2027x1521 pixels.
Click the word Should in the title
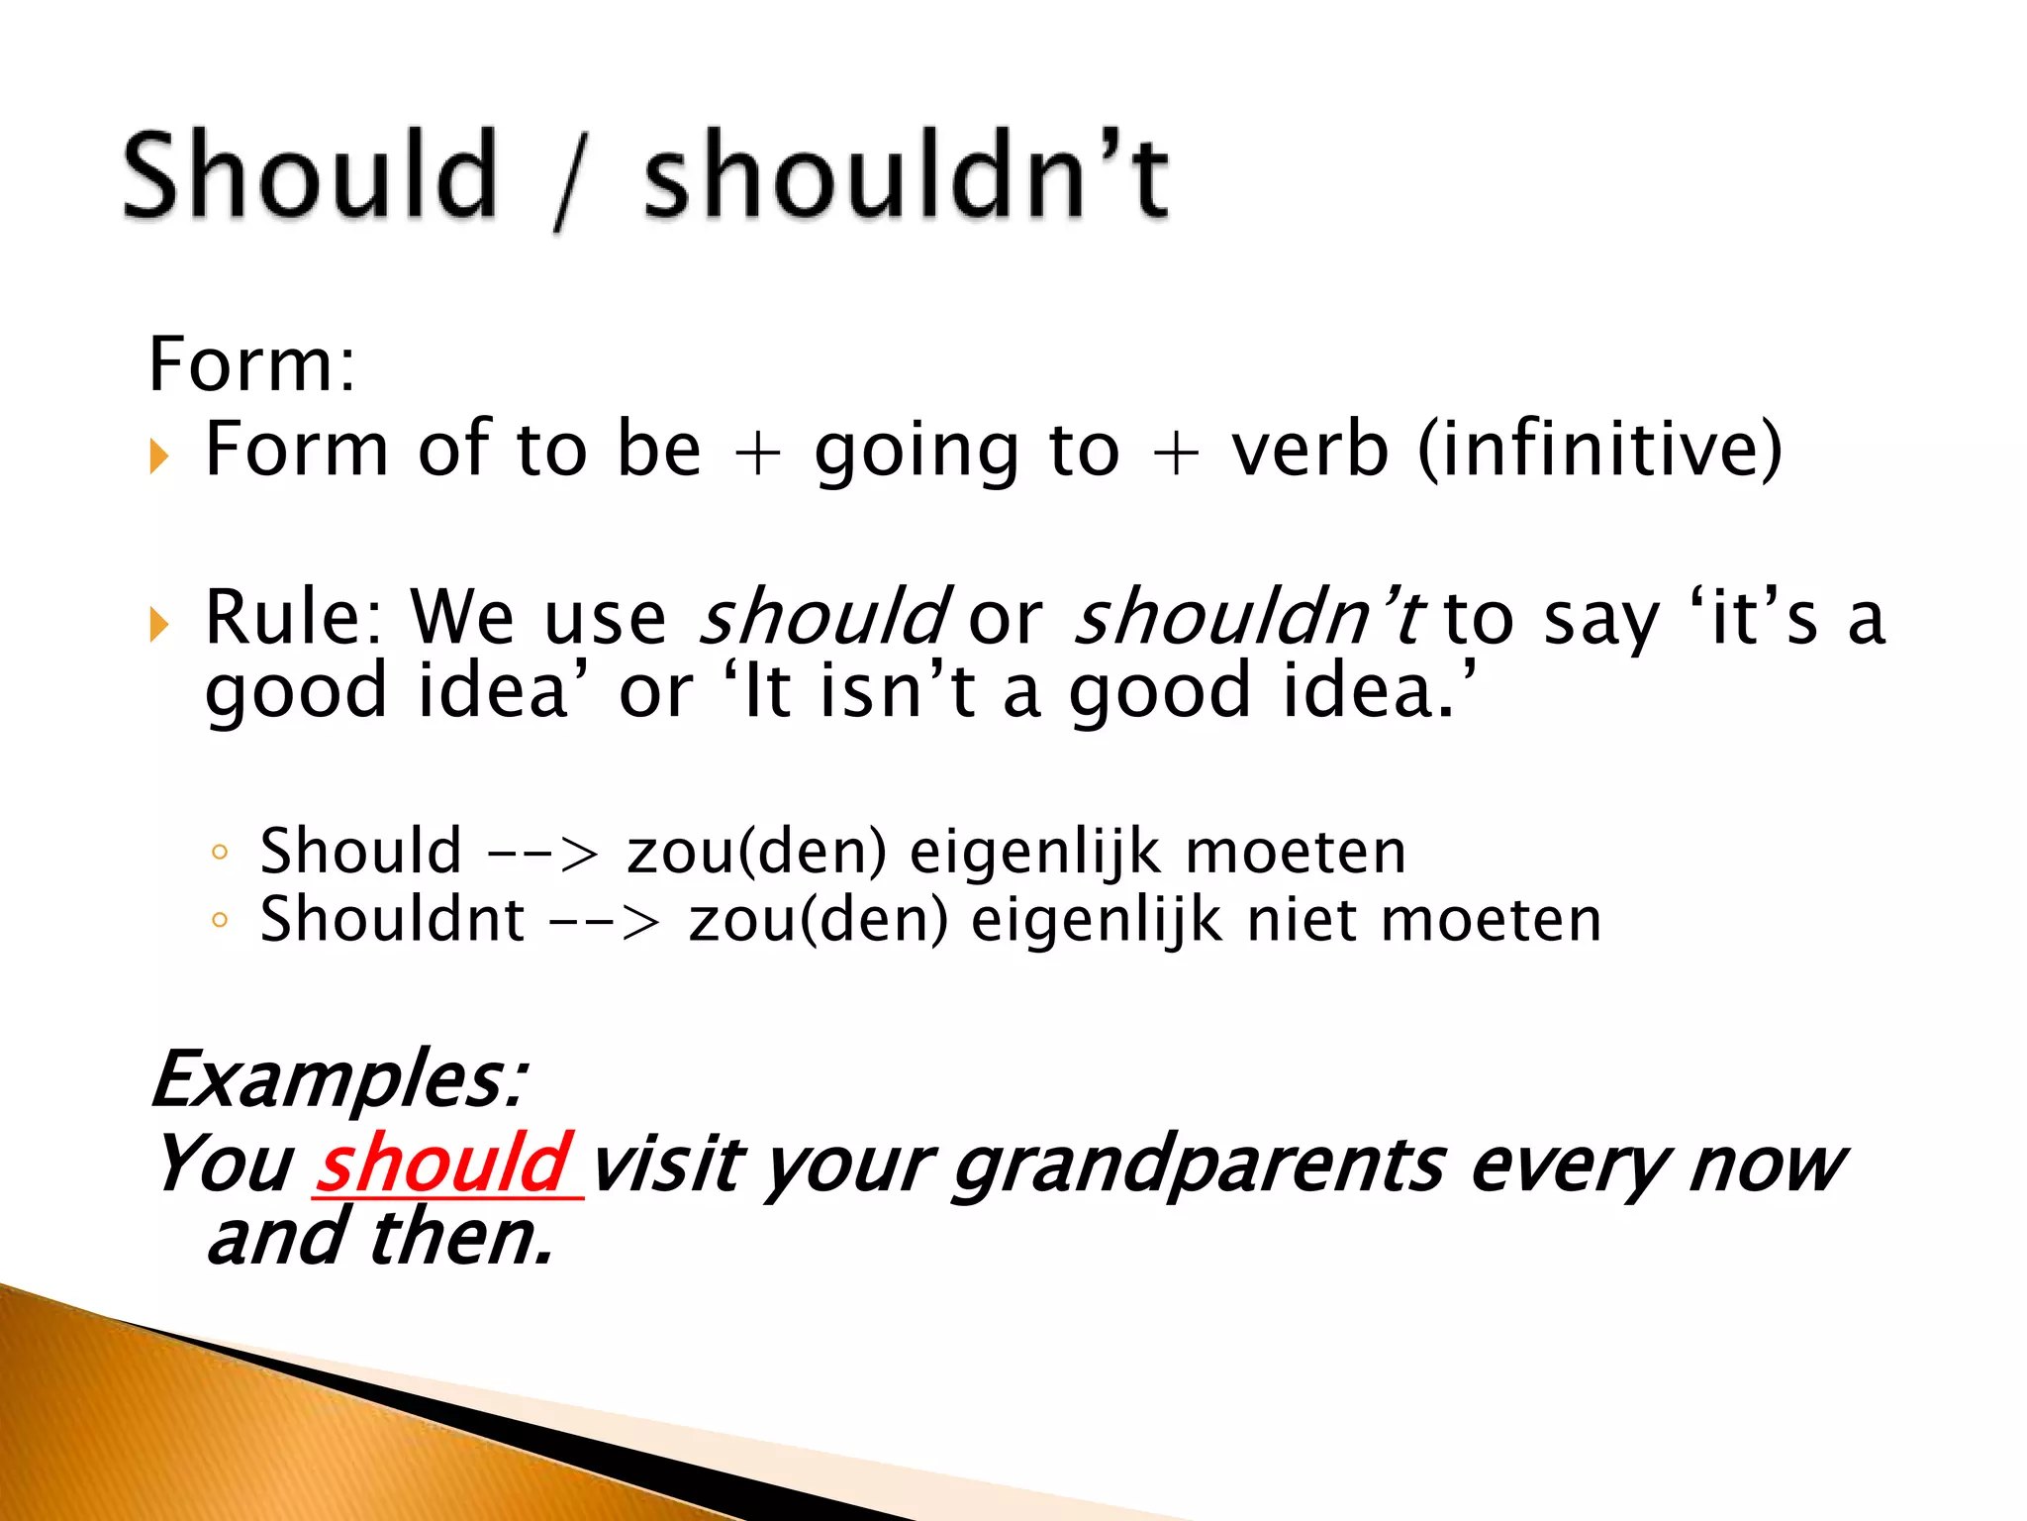[309, 176]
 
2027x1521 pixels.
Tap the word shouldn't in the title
[906, 176]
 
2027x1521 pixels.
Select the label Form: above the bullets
[251, 365]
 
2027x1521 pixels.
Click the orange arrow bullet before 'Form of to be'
[158, 456]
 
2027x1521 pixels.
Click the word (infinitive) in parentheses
[1599, 451]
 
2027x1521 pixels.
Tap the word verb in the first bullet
[1309, 451]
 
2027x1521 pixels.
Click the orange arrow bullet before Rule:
[158, 625]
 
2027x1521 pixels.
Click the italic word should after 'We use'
[823, 618]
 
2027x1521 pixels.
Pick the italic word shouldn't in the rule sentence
[1249, 618]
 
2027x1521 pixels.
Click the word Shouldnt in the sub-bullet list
[392, 920]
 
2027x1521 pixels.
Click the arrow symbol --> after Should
[543, 854]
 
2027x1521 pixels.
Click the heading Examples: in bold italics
[339, 1079]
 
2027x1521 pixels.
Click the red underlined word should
[444, 1165]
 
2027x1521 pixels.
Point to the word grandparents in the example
[1199, 1166]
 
